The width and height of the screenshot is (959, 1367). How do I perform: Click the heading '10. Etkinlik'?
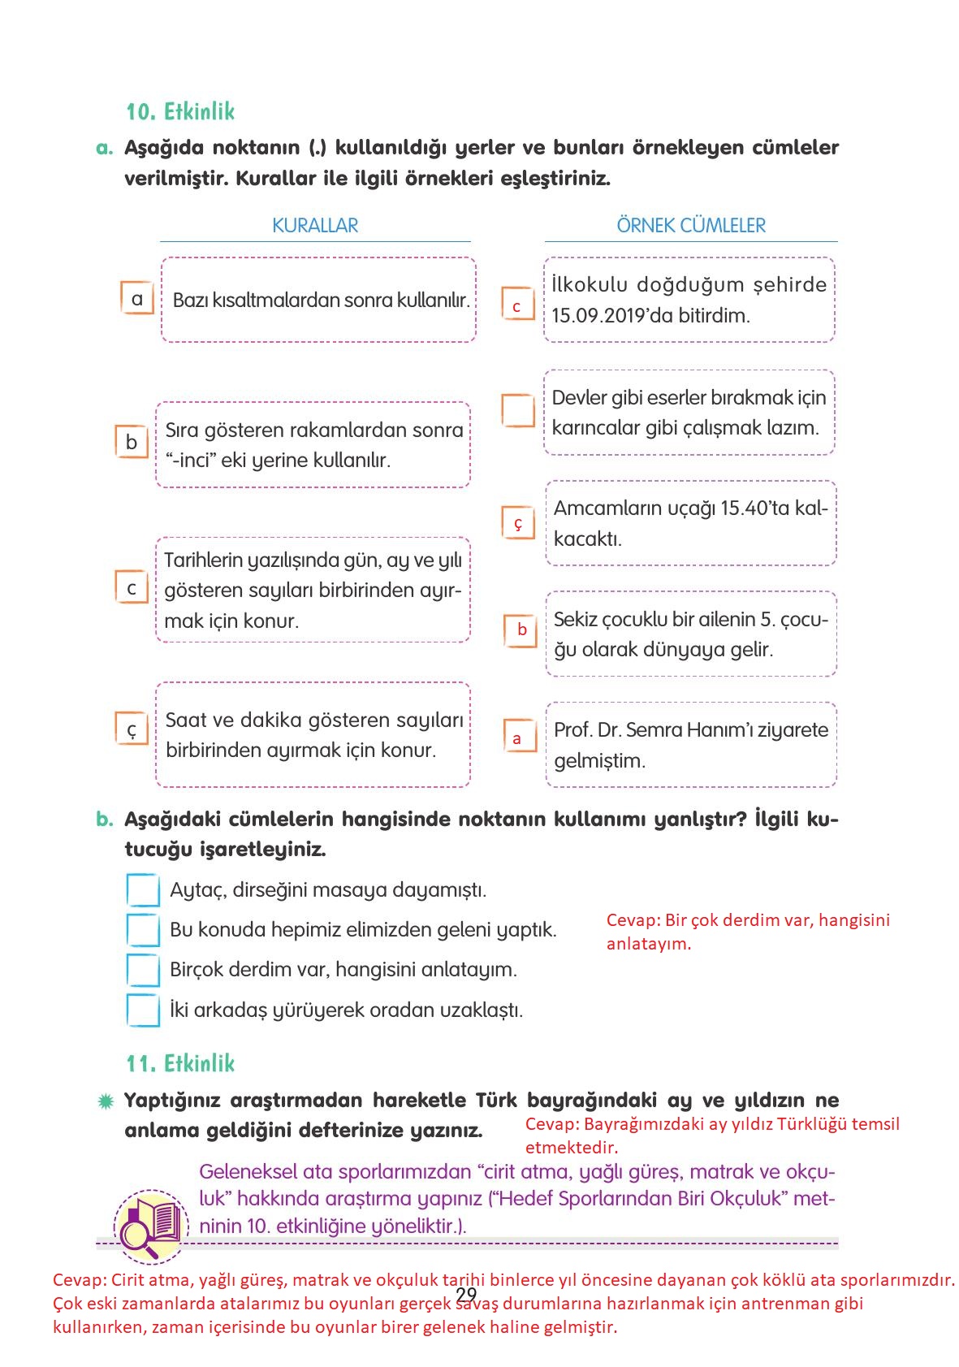(180, 111)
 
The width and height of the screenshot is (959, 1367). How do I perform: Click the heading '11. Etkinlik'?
(180, 1063)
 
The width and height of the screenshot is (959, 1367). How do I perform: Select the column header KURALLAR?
(315, 226)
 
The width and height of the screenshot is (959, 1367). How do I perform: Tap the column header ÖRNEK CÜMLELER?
(691, 226)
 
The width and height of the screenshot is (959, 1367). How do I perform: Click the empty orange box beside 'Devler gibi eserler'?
(518, 411)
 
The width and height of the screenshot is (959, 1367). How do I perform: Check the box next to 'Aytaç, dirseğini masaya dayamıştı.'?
(144, 889)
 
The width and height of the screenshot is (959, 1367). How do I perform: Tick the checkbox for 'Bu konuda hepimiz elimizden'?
(144, 929)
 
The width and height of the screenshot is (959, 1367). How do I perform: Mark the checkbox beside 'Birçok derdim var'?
(144, 970)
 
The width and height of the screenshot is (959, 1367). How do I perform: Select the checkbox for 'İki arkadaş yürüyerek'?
(144, 1010)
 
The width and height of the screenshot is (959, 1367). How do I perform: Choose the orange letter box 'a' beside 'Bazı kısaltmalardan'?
(136, 299)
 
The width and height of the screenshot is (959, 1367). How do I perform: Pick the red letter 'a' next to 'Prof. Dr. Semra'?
(517, 739)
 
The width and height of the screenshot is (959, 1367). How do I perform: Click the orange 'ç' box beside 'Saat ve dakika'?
(132, 729)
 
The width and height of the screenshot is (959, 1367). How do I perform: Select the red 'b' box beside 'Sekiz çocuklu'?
(521, 629)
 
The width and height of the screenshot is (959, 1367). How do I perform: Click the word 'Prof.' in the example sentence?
(572, 730)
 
